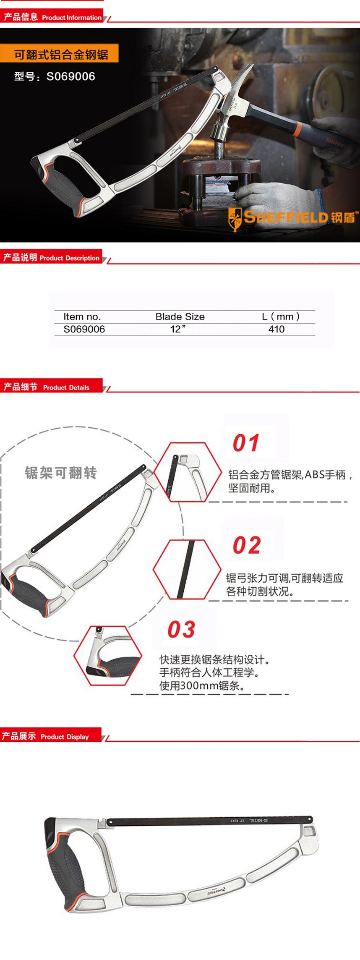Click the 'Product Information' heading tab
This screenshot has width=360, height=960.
pyautogui.click(x=52, y=17)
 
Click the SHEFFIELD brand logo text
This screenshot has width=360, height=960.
pyautogui.click(x=285, y=217)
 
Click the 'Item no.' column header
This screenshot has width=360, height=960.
pyautogui.click(x=82, y=317)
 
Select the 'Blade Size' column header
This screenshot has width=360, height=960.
pyautogui.click(x=180, y=317)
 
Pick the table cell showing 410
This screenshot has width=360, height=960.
pyautogui.click(x=276, y=329)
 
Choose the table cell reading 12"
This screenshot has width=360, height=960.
pyautogui.click(x=177, y=329)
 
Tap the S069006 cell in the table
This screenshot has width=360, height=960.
pyautogui.click(x=84, y=329)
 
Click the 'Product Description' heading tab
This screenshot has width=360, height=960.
pyautogui.click(x=52, y=258)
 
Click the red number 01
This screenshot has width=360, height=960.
pyautogui.click(x=246, y=443)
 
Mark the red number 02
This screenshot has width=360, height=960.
pyautogui.click(x=247, y=545)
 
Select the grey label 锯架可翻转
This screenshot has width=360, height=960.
pyautogui.click(x=61, y=473)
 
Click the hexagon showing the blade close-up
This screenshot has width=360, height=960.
pyautogui.click(x=187, y=569)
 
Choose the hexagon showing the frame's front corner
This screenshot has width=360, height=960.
pyautogui.click(x=188, y=472)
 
